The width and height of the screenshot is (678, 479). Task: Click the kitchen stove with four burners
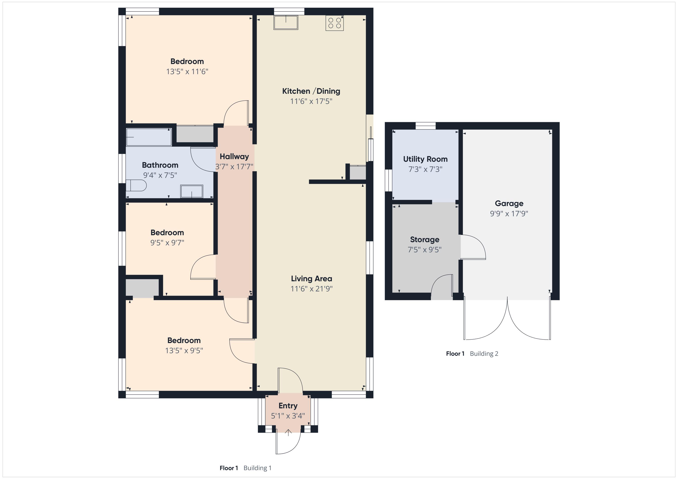tap(334, 23)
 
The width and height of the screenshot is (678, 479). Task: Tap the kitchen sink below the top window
tap(286, 22)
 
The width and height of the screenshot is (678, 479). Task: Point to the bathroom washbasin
tap(192, 191)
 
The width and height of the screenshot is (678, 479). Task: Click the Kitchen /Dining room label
tap(311, 91)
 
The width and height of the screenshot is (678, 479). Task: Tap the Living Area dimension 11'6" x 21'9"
tap(311, 289)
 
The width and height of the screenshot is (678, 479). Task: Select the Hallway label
tap(234, 157)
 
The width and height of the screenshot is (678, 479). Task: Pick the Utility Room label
tap(425, 159)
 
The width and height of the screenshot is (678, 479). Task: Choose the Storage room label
tap(425, 240)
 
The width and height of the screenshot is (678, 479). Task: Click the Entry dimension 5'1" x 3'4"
tap(288, 416)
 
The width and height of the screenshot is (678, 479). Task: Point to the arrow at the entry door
tap(288, 432)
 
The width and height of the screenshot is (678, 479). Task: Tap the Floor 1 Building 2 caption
tap(472, 354)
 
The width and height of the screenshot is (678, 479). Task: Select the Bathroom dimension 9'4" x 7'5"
tap(160, 175)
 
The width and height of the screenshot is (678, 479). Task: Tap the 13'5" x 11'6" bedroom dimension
tap(187, 71)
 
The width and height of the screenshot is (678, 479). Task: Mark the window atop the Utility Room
tap(426, 126)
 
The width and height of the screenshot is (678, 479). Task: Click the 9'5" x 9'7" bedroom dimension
tap(167, 243)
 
